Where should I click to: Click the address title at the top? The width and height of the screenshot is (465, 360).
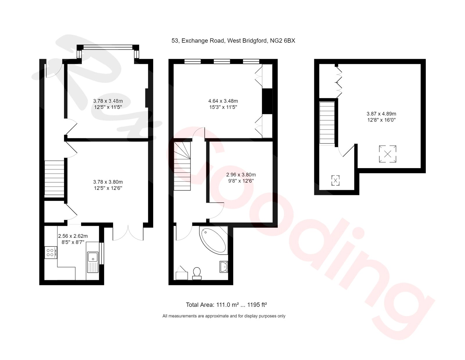click(233, 41)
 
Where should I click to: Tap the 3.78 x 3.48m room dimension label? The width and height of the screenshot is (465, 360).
click(108, 104)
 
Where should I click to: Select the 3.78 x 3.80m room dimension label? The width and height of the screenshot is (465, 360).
click(108, 185)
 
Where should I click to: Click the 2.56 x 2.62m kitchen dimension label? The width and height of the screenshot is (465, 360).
click(73, 239)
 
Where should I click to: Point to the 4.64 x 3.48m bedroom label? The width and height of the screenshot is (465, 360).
click(223, 104)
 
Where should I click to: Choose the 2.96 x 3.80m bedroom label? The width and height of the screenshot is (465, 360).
click(241, 178)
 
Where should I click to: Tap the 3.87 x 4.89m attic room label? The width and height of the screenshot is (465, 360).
click(381, 117)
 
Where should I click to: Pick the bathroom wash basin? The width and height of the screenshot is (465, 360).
click(224, 267)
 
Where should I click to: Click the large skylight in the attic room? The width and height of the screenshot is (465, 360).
click(387, 154)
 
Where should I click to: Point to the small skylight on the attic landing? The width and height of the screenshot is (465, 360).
click(335, 181)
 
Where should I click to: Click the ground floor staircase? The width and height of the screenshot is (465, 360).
click(54, 178)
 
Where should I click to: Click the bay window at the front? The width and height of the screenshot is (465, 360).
click(108, 46)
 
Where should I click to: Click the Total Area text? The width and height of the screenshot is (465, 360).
click(226, 305)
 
